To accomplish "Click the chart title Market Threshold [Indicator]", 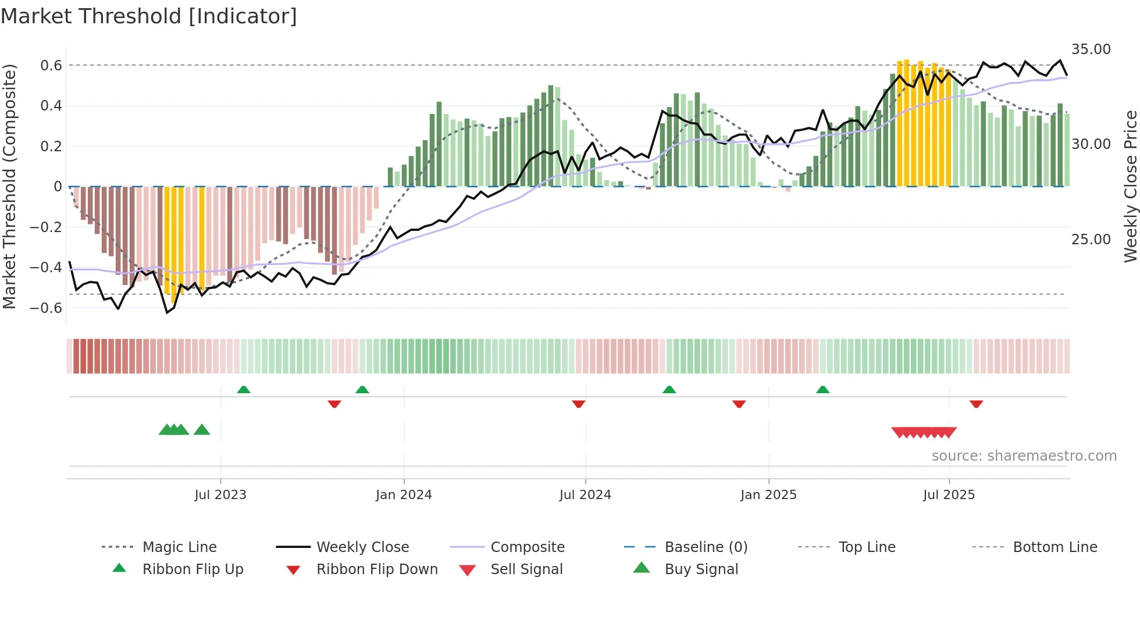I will pos(149,16).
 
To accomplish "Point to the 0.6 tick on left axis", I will pos(51,65).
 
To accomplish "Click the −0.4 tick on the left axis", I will pos(46,267).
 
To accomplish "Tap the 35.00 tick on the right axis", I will pos(1091,49).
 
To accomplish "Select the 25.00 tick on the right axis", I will pos(1091,239).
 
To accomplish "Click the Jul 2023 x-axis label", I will pos(220,494).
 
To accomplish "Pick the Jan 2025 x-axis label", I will pos(768,494).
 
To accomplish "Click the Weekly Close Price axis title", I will pos(1130,186).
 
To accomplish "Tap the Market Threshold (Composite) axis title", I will pos(9,186).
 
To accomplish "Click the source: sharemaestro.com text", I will pos(1024,455).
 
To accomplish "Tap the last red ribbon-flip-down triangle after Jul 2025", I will pos(976,404).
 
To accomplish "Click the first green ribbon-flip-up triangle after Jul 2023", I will pos(244,390).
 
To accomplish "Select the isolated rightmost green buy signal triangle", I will pos(202,430).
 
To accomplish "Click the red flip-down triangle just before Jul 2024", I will pos(578,404).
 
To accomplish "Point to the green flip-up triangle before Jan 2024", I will pos(362,390).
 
